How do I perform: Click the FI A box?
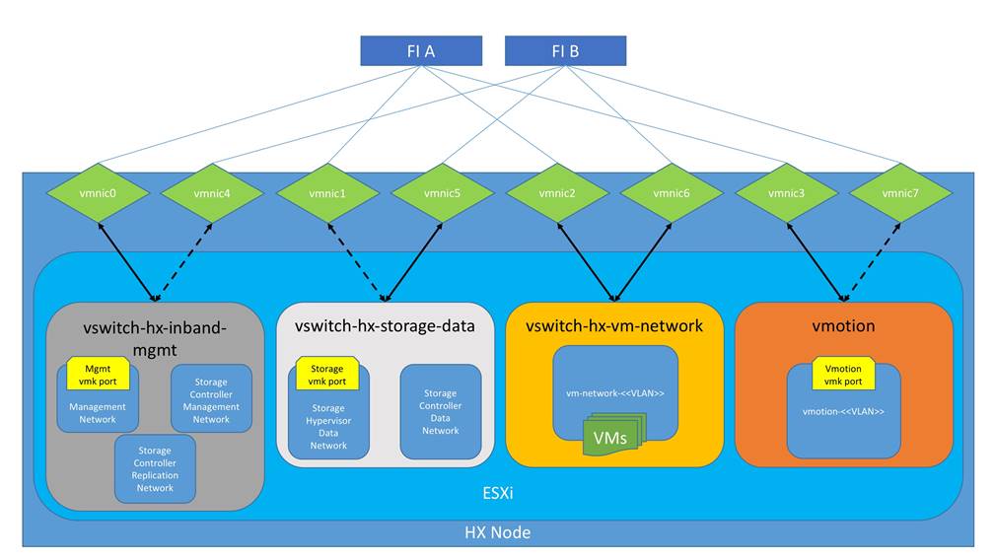[421, 50]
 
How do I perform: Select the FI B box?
[565, 50]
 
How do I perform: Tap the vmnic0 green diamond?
[100, 193]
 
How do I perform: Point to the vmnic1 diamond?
[327, 193]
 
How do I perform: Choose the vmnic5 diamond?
[442, 193]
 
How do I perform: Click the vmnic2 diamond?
[557, 193]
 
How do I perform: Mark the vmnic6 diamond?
[672, 193]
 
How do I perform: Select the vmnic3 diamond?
[786, 193]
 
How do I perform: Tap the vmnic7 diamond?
[900, 193]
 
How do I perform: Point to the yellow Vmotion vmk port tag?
[843, 374]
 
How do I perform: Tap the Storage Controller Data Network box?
[440, 411]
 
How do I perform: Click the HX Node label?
[497, 532]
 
